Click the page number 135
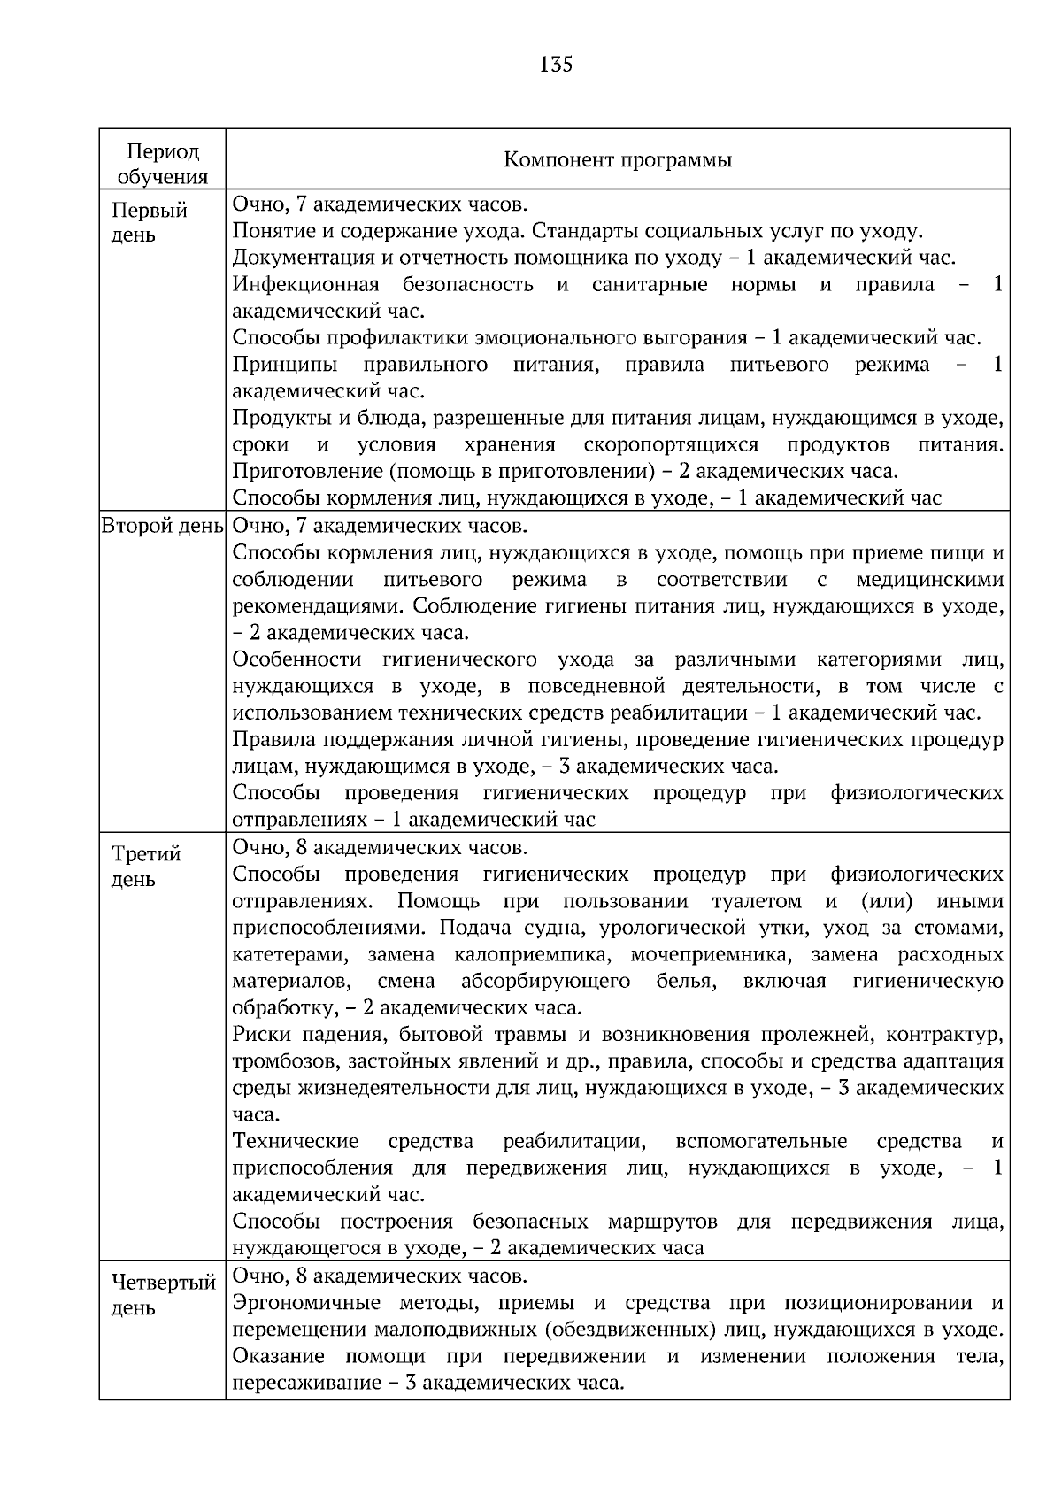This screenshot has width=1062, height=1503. (x=555, y=64)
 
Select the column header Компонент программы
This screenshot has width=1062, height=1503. (x=617, y=160)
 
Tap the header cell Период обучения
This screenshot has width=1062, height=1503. (x=162, y=164)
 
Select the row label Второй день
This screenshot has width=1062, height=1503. (x=162, y=526)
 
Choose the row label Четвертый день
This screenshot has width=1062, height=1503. (x=163, y=1295)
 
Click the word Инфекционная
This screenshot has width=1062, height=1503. (x=305, y=285)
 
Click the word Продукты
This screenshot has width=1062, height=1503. (x=273, y=418)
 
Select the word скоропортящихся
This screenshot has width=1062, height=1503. (x=671, y=444)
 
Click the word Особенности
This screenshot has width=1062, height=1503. (x=296, y=659)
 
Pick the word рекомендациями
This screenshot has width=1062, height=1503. (x=317, y=606)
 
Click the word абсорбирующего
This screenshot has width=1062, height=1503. (x=545, y=982)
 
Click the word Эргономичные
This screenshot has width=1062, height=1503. (x=306, y=1303)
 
